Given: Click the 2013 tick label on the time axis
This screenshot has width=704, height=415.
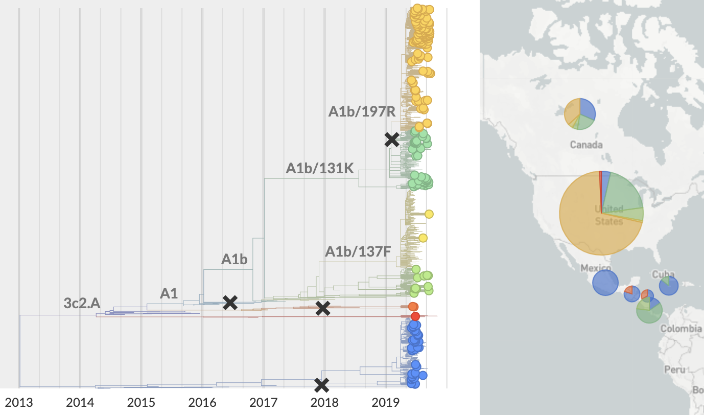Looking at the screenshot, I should coord(19,402).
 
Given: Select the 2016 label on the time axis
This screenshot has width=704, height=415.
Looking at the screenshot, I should coord(202,402).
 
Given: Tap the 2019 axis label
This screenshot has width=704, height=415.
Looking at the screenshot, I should coord(385,402).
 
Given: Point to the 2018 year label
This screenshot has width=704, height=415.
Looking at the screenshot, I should coord(324,402).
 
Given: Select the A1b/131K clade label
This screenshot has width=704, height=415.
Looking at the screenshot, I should coord(320,168).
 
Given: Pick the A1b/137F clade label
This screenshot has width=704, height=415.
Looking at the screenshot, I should coord(358,251).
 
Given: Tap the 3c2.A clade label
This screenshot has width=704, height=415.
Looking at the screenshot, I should coord(82,303).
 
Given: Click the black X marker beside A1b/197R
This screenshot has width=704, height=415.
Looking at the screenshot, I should coord(392,139).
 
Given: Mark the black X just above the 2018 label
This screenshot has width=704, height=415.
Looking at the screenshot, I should coord(321,385).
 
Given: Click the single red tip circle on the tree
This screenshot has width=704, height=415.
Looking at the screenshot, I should coord(415,316).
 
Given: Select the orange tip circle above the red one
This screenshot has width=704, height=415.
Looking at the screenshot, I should coord(413,307).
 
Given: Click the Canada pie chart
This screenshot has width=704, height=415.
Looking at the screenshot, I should coord(580,114).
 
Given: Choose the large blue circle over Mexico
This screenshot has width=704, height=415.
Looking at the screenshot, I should coord(605,283).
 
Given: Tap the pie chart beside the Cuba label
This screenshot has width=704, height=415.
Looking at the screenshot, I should coord(669,286).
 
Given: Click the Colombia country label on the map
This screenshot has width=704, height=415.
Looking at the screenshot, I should coord(681,329).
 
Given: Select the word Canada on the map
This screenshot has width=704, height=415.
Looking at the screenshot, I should coord(586,145).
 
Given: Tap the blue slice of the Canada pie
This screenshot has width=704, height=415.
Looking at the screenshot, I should coord(588,108).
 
